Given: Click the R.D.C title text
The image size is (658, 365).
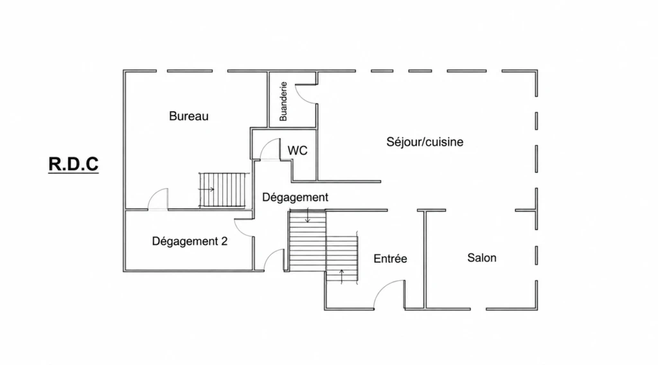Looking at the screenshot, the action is coord(73,164).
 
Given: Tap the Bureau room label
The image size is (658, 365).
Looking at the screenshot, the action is coord(189,116).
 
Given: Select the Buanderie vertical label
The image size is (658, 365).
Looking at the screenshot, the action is coord(283,102).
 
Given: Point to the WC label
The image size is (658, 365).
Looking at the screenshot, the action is coord(298,150).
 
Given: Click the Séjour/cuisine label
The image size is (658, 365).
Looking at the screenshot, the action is coord(425,142).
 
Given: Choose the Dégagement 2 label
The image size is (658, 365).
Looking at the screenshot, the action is coord(190,241).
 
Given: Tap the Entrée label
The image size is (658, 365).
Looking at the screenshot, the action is coord(390,258).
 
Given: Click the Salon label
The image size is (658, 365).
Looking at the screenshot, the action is coord(482,258).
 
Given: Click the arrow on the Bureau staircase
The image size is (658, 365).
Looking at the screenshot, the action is coord(206,190).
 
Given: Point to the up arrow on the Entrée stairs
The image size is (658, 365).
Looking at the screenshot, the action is coord(342,276).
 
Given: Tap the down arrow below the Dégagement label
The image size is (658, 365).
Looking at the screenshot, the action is coord(308,215).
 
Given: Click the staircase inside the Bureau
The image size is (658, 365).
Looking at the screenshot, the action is coord(222,190).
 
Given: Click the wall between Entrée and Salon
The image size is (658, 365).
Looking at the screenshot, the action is coord(425,259).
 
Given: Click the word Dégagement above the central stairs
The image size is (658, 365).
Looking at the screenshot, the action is coord(295,197).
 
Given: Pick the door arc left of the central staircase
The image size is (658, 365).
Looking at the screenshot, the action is coord(271,256).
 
